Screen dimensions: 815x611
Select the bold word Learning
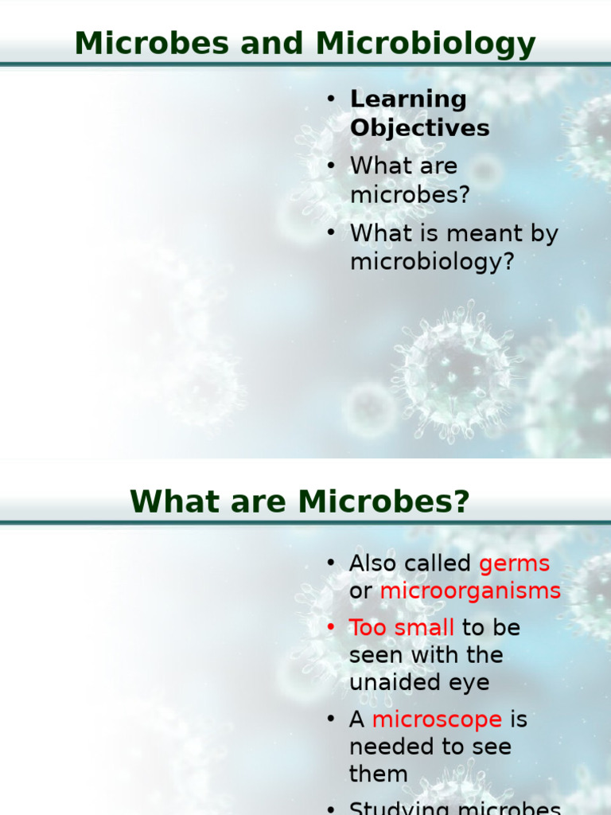click(408, 99)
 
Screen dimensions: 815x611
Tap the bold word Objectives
click(419, 128)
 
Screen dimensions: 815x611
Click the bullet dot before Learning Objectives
click(331, 99)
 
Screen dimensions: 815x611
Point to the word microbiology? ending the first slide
click(432, 262)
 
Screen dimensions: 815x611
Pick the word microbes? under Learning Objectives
click(410, 195)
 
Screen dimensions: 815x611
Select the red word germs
click(514, 563)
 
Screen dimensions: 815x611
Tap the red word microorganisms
click(470, 591)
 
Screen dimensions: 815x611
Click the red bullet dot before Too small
click(331, 628)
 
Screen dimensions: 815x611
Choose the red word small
click(425, 627)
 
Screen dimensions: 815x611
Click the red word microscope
click(437, 719)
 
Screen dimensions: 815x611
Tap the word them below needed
click(378, 774)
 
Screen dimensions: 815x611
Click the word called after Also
click(437, 563)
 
